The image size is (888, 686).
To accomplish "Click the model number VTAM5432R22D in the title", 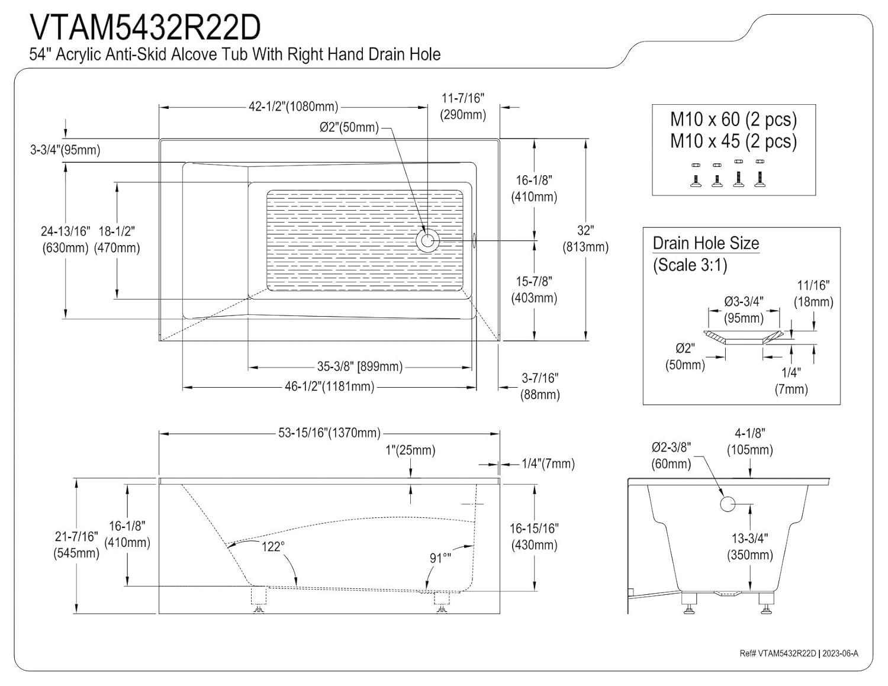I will point(145,28).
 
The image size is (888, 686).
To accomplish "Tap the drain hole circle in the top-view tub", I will point(426,240).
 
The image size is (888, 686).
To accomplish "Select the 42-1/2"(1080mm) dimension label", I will point(293,107).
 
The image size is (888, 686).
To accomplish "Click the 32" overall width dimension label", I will point(585,238).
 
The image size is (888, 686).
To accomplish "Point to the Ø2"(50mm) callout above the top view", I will point(349,127).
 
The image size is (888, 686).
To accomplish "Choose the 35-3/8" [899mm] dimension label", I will point(359,367).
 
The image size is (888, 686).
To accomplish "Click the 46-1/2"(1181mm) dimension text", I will point(329,387).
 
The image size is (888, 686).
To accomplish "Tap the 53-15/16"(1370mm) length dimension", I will point(329,433).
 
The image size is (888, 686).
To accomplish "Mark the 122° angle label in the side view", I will point(272,546).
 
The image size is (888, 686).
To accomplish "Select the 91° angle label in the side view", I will point(440,558).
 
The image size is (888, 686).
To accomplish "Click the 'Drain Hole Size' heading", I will point(706,243).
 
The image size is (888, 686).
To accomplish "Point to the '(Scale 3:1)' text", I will point(690,265).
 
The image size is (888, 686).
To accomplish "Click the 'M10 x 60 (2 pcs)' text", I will point(733,120).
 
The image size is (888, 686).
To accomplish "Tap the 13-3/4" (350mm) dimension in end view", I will point(750,546).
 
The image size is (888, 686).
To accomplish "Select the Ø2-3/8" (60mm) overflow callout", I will point(671,455).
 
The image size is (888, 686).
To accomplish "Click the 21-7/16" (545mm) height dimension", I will point(76,545).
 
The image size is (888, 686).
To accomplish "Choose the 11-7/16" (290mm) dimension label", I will point(462,106).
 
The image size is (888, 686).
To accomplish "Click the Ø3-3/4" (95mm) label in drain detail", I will point(744,310).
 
